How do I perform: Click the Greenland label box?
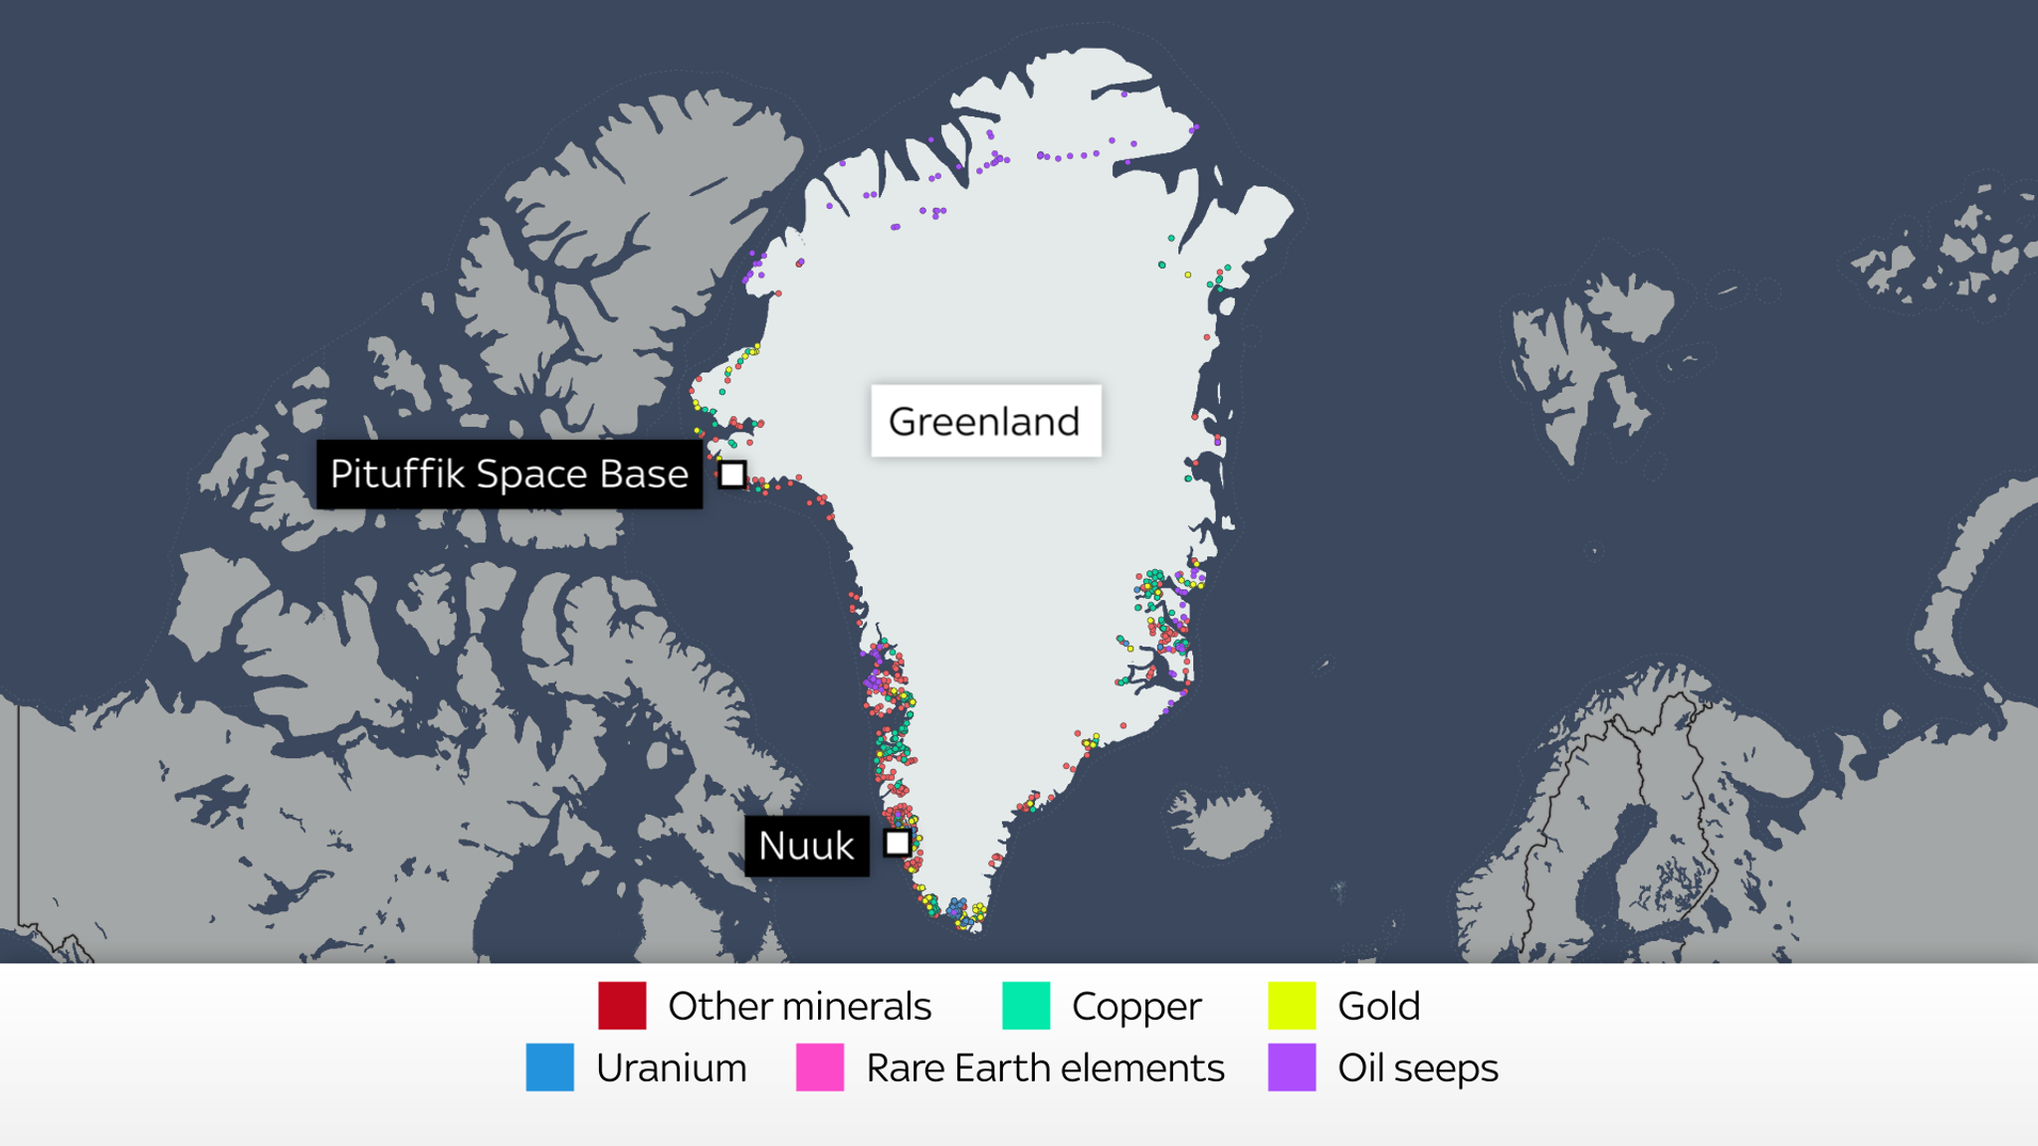[985, 421]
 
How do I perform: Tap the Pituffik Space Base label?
[509, 475]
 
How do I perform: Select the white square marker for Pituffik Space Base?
[732, 475]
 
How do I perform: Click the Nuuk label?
[806, 846]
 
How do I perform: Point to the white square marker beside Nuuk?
[898, 844]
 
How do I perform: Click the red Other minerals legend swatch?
[622, 1006]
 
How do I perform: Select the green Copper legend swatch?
[1026, 1006]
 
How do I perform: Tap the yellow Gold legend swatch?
[1292, 1006]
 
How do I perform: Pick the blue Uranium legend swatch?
[549, 1067]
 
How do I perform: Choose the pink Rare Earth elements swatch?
[820, 1067]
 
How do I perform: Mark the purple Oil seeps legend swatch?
[1292, 1067]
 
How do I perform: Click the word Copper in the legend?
[1136, 1007]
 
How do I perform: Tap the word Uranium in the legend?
[672, 1068]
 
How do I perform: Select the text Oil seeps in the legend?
[1417, 1068]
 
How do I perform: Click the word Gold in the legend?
[1378, 1007]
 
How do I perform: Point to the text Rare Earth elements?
[1045, 1068]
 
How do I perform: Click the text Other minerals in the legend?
[799, 1007]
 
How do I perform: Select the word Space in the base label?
[532, 475]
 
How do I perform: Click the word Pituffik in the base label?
[397, 475]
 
